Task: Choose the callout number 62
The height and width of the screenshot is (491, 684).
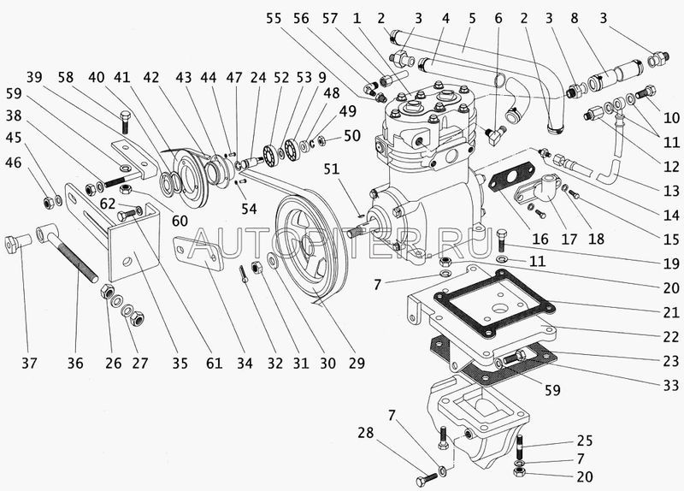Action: click(108, 204)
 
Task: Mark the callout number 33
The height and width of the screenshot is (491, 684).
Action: click(671, 385)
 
